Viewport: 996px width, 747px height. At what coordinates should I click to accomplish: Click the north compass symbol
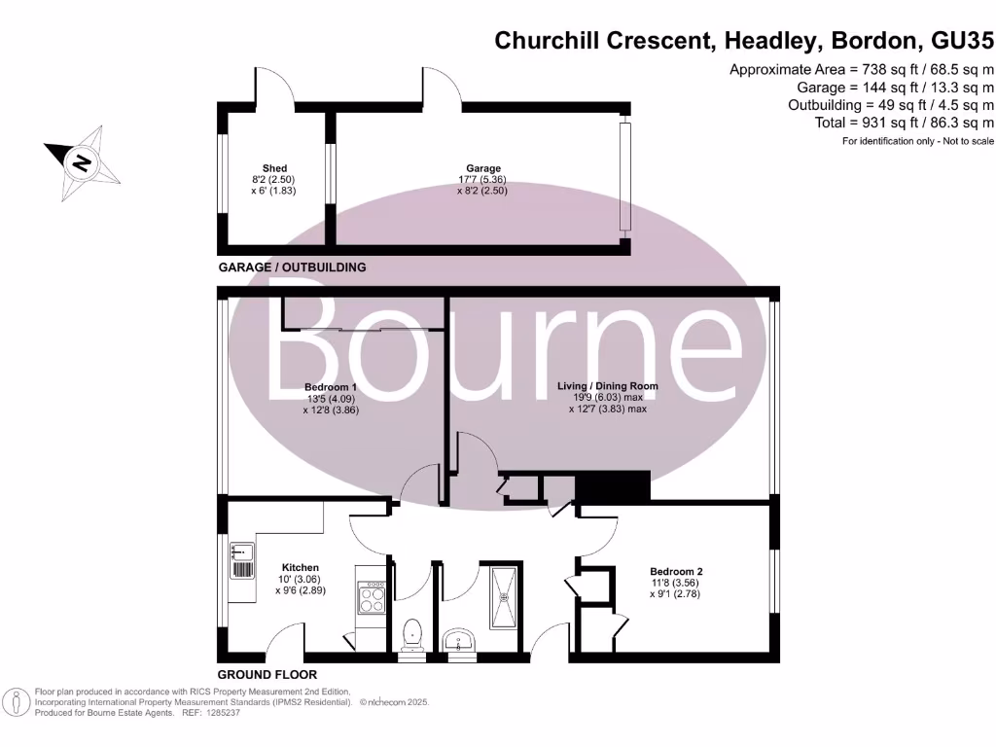point(83,162)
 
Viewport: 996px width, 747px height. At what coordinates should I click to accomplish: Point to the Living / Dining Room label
point(607,386)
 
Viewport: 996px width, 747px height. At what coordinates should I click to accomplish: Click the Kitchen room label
point(301,567)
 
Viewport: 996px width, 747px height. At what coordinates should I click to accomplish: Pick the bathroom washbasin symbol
point(458,640)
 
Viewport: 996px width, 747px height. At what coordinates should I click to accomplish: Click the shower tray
point(504,587)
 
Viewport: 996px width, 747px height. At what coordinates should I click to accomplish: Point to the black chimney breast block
point(612,486)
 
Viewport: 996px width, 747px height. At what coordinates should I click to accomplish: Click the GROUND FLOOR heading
point(267,674)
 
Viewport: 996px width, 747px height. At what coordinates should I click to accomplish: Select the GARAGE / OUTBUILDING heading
point(291,267)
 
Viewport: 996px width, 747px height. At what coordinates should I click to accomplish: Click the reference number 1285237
point(220,713)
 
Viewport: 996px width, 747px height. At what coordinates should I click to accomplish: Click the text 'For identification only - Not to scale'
point(917,142)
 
